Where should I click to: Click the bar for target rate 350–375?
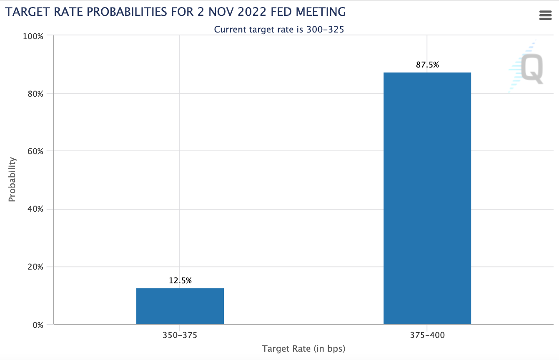180,306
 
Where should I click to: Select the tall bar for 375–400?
427,198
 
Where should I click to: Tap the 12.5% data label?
180,280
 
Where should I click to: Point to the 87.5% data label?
427,65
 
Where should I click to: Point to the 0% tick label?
37,325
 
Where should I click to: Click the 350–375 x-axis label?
180,335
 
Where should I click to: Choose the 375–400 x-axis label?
427,335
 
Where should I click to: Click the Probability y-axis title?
12,180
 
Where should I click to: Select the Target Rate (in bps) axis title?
303,348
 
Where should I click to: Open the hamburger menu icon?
545,15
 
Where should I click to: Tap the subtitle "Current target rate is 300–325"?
279,30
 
